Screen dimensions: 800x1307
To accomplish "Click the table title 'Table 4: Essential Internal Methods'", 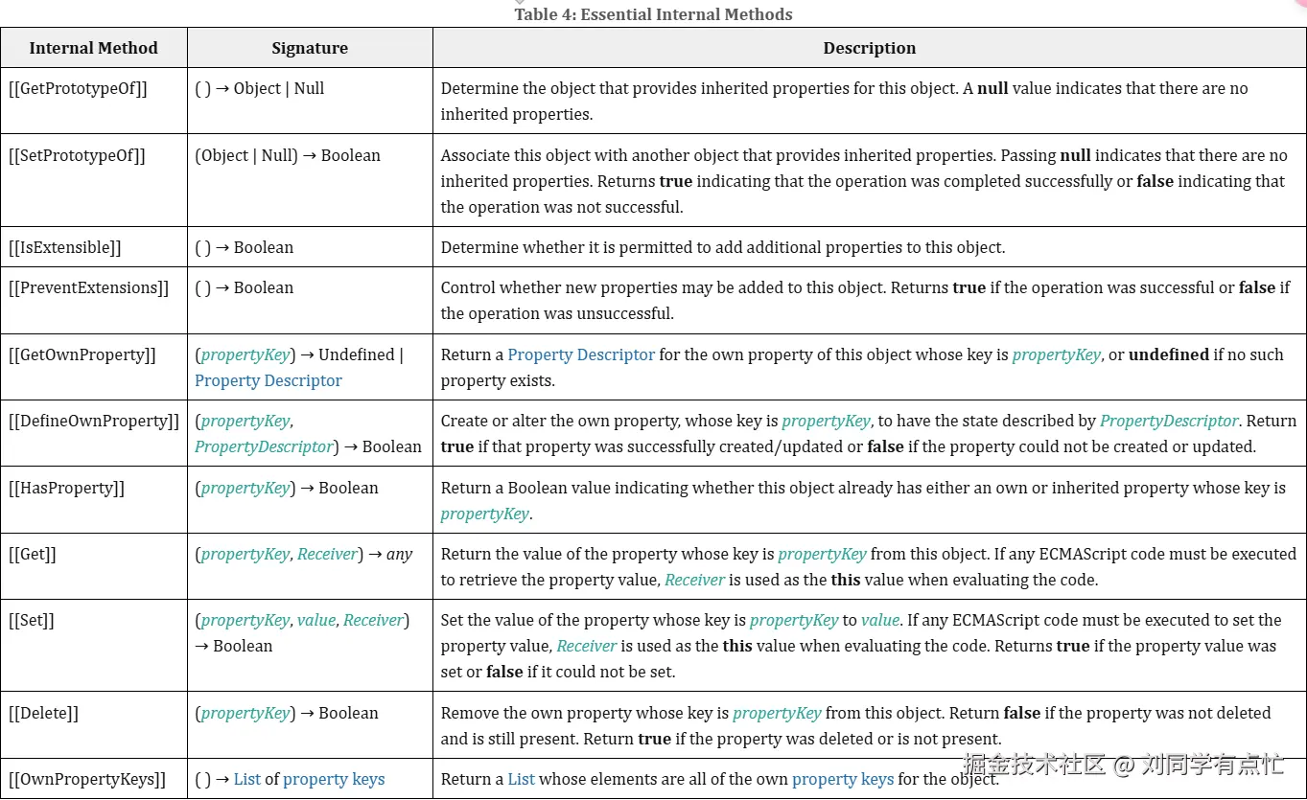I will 653,14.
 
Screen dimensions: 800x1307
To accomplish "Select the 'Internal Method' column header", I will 93,48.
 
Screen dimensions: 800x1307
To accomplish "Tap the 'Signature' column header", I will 310,48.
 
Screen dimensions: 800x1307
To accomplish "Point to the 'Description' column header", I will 869,48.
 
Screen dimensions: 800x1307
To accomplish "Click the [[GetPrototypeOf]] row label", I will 79,88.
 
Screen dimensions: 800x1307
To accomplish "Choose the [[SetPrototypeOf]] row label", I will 78,155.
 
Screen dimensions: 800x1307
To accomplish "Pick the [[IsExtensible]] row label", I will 65,247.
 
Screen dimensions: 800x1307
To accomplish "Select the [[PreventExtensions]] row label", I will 88,287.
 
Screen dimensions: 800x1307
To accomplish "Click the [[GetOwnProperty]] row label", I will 82,354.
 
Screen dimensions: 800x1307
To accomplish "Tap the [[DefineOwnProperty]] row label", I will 94,421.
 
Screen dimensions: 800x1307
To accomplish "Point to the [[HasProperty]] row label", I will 67,488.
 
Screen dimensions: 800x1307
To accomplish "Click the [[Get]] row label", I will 34,554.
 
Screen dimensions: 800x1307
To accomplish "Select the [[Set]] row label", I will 32,620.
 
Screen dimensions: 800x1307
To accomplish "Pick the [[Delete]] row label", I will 44,713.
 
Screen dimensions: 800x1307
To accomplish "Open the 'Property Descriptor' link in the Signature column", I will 268,380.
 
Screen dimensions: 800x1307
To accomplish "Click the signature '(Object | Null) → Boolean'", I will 288,155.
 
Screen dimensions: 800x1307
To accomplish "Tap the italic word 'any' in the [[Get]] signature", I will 399,554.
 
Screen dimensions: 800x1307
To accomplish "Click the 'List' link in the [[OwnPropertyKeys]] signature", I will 247,779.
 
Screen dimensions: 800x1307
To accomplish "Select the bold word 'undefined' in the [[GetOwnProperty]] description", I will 1169,354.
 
